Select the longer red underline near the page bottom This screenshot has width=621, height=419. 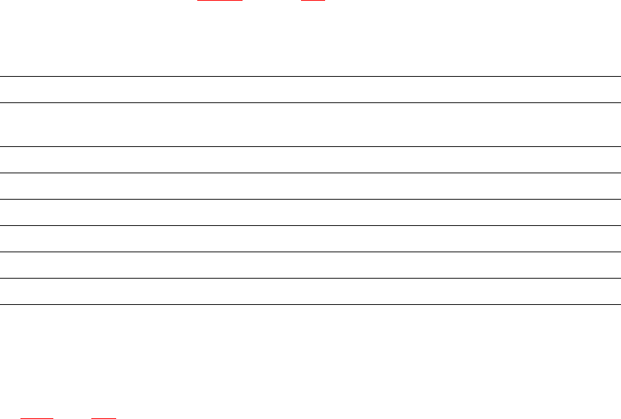[37, 418]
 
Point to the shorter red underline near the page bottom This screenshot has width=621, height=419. [104, 418]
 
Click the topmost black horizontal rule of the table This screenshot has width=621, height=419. [310, 76]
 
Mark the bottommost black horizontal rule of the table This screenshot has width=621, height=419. [310, 304]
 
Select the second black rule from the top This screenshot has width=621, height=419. [310, 102]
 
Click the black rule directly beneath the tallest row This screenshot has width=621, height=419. [310, 146]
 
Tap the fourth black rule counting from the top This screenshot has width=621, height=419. [310, 173]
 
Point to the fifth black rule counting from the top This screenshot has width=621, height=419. [310, 199]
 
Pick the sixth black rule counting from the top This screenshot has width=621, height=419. [310, 225]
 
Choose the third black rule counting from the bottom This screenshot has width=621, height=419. [310, 252]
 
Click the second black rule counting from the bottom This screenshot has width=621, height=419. [310, 278]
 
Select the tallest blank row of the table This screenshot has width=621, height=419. [310, 124]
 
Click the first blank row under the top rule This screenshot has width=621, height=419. [310, 89]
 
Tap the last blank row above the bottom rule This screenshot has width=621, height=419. [310, 291]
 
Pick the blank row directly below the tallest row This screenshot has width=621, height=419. [310, 159]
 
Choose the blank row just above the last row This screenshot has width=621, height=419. [310, 265]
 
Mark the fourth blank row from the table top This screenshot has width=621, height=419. [310, 186]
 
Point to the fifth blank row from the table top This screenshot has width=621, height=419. [310, 212]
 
